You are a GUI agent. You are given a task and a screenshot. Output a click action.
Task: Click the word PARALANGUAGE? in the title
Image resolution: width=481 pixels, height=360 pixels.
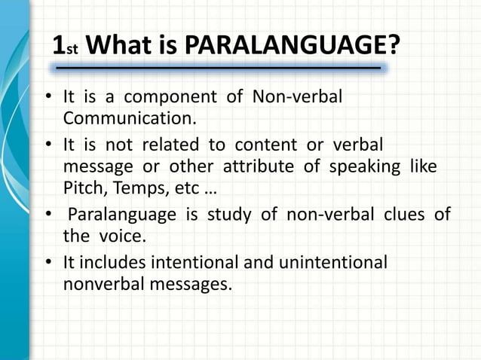click(x=292, y=46)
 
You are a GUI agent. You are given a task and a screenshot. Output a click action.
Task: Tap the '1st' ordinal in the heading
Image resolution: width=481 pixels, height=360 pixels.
click(x=66, y=47)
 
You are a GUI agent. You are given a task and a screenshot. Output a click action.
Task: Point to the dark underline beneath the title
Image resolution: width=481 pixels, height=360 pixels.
click(x=219, y=69)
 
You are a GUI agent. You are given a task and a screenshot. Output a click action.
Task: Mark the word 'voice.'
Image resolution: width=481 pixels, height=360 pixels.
click(x=119, y=236)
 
